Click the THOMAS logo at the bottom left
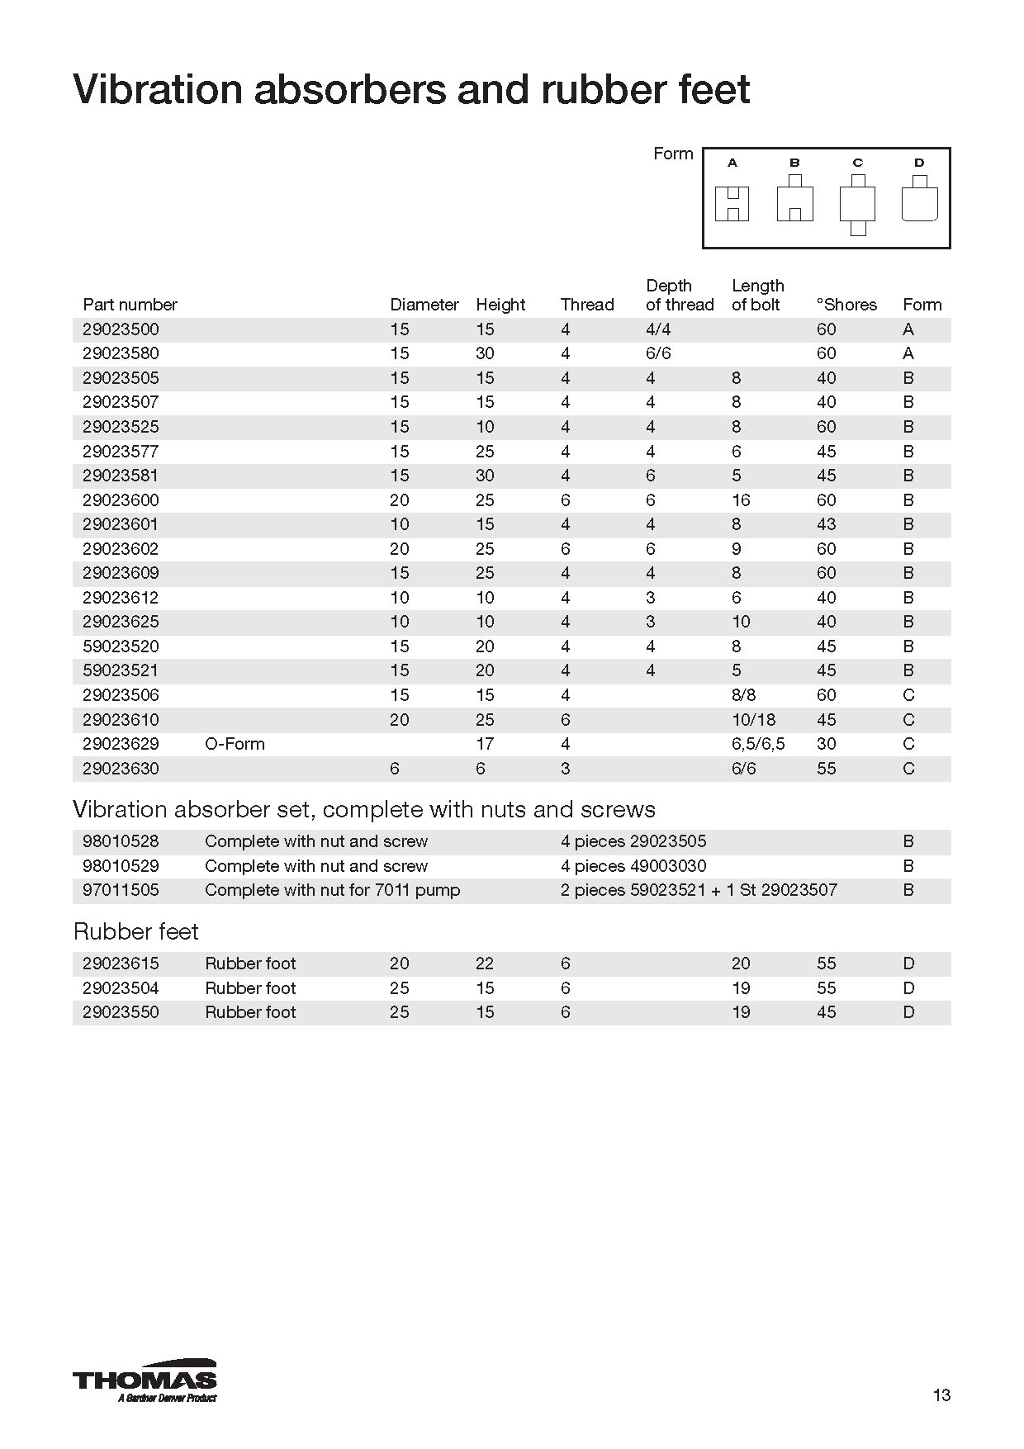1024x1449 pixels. [145, 1380]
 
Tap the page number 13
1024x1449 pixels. [941, 1395]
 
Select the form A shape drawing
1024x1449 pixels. [732, 203]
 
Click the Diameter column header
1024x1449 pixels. [424, 305]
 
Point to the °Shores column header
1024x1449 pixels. [846, 305]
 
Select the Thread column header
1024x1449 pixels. [587, 305]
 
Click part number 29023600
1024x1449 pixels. [121, 500]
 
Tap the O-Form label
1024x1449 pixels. [235, 744]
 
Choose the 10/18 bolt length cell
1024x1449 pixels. [753, 720]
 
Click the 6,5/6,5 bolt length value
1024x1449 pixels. [758, 744]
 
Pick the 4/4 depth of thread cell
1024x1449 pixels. [658, 329]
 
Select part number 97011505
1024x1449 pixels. [121, 890]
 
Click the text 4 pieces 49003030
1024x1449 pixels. [633, 866]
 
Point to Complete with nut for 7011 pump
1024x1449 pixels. [332, 890]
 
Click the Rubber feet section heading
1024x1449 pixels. [136, 931]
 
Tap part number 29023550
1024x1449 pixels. [121, 1012]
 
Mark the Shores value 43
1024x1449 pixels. [826, 524]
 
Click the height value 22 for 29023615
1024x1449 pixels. [485, 964]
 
